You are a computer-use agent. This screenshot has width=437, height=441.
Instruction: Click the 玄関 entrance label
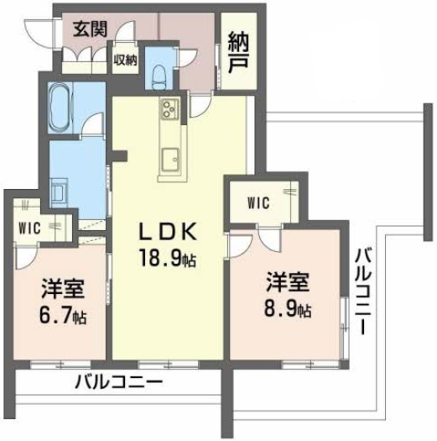click(x=90, y=29)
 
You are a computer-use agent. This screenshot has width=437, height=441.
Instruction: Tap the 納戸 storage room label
click(x=239, y=53)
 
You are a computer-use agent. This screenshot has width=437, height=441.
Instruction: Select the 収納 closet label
click(x=125, y=60)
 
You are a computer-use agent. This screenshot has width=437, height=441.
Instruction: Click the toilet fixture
click(x=159, y=76)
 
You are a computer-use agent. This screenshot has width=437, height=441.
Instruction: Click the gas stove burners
click(x=169, y=109)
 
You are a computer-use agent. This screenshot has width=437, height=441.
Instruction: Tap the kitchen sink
click(x=170, y=160)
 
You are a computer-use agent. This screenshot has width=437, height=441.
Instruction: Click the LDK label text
click(x=168, y=232)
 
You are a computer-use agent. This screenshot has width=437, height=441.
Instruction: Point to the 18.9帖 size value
click(x=168, y=258)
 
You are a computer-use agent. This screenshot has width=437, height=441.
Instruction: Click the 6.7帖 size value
click(x=63, y=316)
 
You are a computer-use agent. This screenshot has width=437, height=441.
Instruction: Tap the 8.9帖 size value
click(x=288, y=309)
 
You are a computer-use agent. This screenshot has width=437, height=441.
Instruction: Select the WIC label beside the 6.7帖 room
click(x=29, y=228)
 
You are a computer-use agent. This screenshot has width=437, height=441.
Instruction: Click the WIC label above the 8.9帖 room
click(x=258, y=202)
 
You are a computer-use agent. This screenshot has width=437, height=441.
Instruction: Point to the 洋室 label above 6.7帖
click(x=63, y=288)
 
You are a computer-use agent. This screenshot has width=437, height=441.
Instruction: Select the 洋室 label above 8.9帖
click(x=289, y=282)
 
